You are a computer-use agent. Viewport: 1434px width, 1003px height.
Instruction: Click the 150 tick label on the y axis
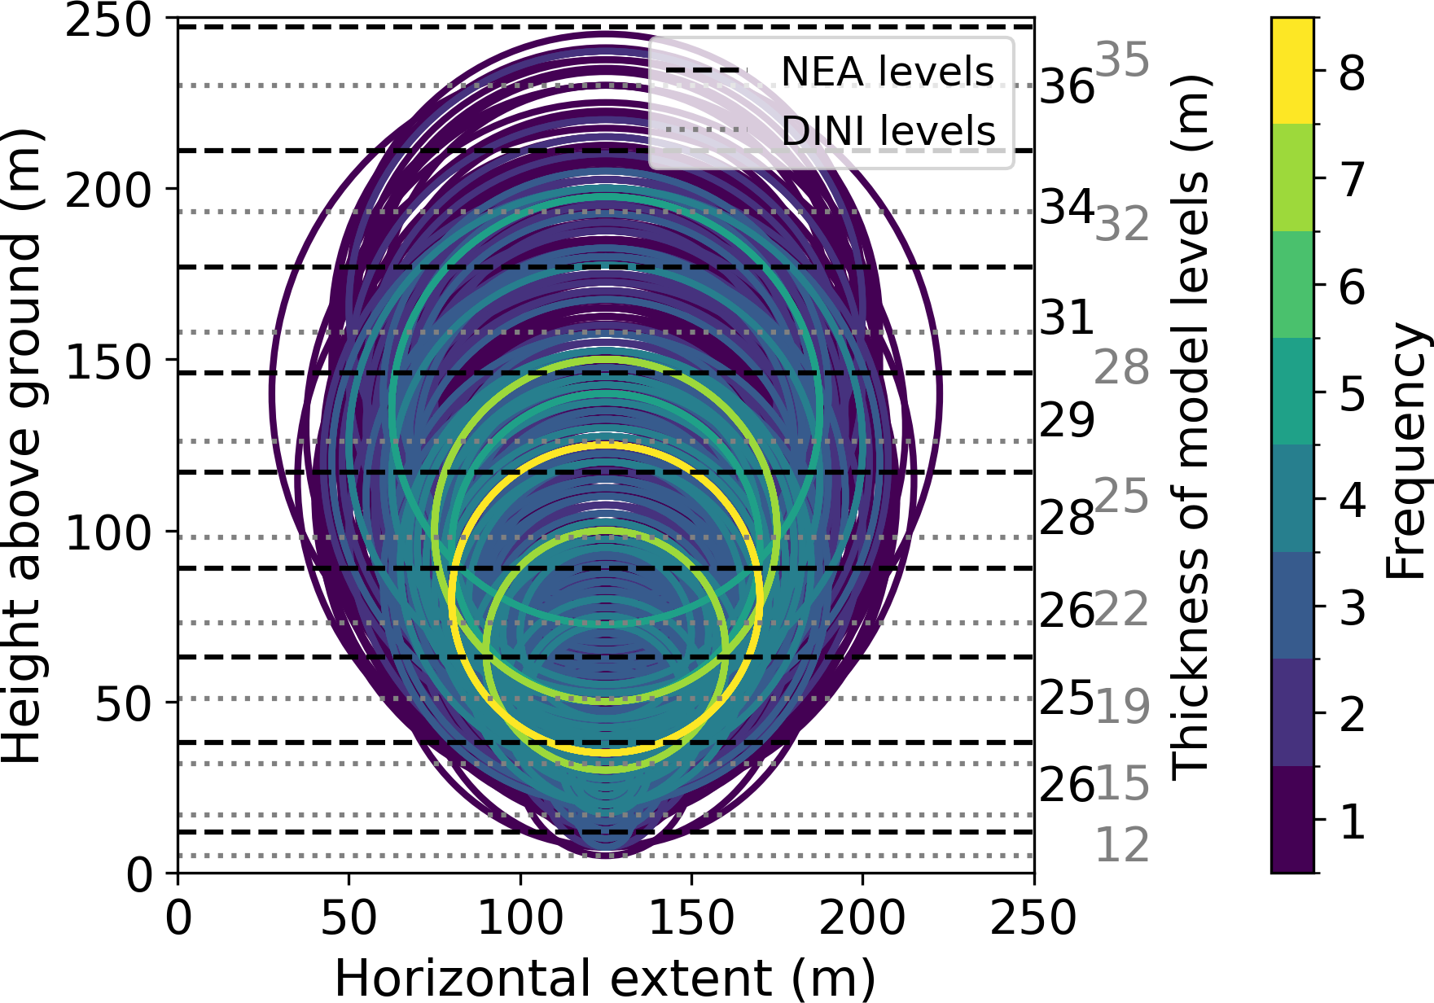[x=108, y=361]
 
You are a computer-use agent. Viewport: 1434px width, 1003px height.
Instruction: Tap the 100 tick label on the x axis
[x=520, y=918]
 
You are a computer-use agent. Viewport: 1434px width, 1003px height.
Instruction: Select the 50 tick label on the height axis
[x=124, y=703]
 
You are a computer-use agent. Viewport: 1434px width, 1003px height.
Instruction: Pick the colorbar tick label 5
[x=1353, y=395]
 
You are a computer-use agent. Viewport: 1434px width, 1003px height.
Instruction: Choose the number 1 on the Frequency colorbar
[x=1353, y=821]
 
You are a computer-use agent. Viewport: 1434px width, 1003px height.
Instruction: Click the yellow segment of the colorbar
[x=1292, y=70]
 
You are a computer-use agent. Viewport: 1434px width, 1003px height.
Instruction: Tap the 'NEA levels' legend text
[x=888, y=72]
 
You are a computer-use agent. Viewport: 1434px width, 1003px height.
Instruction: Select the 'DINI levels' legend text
[x=888, y=131]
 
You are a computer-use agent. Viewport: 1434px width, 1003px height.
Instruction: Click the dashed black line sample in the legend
[x=706, y=72]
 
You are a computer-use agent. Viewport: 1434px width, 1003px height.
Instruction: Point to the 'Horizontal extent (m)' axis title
[x=605, y=977]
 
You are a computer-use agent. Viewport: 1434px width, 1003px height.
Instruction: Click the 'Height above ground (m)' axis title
[x=22, y=445]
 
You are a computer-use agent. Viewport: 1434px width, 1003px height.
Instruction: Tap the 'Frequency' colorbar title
[x=1407, y=451]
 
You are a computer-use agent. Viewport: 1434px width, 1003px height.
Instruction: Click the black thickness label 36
[x=1067, y=86]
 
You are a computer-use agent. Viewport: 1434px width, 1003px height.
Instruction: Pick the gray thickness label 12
[x=1122, y=844]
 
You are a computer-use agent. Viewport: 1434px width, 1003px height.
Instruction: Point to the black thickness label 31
[x=1067, y=318]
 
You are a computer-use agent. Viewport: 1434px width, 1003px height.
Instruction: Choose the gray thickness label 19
[x=1122, y=707]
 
